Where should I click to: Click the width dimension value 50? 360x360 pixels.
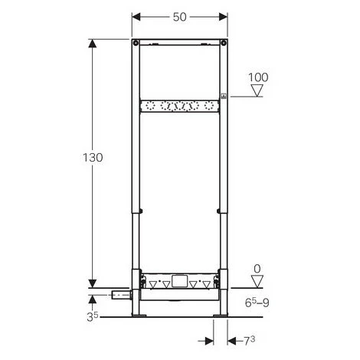click(x=180, y=15)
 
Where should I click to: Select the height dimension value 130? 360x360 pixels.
click(x=92, y=156)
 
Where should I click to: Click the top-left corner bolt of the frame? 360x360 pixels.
click(x=136, y=41)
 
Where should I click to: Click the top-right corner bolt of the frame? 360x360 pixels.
click(x=224, y=41)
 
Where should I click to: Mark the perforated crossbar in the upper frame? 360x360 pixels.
click(x=180, y=106)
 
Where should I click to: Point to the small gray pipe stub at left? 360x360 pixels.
click(x=120, y=295)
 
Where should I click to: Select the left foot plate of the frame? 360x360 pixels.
click(x=140, y=315)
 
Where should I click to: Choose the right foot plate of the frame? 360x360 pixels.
click(x=221, y=315)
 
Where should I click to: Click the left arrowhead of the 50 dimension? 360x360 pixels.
click(x=137, y=16)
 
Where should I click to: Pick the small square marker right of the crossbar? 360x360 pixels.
click(x=224, y=97)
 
